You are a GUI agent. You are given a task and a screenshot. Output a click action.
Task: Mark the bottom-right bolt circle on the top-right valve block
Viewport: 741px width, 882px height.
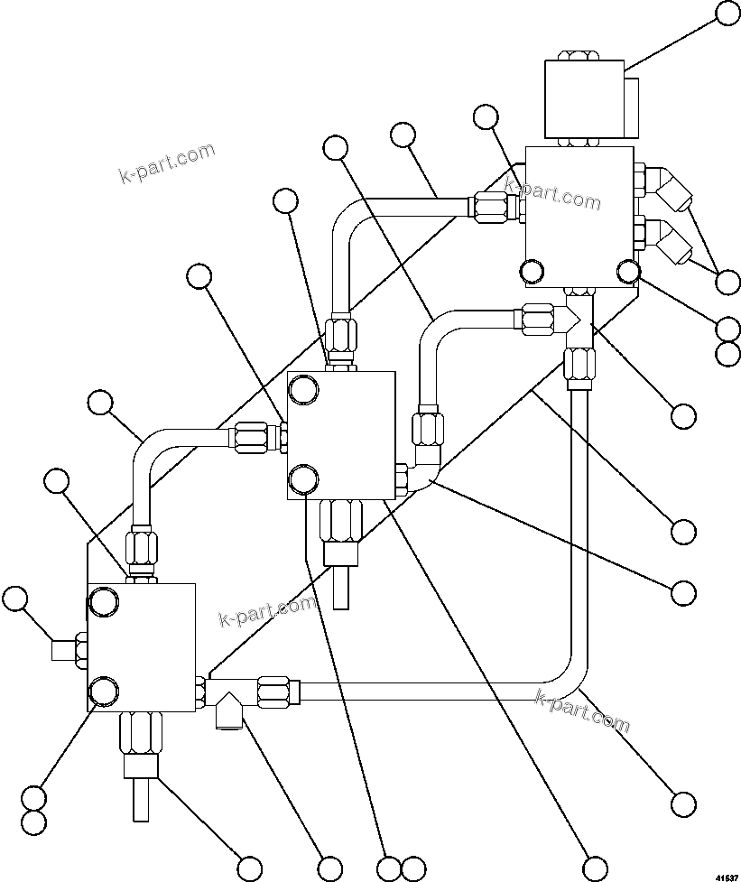(x=628, y=270)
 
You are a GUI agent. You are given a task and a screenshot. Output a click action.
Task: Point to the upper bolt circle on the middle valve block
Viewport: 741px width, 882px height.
(x=302, y=390)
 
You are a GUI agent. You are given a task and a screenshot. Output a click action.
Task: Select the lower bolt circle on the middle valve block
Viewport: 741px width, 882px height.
(x=302, y=478)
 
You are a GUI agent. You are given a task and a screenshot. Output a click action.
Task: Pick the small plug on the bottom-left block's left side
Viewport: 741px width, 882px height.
(x=63, y=649)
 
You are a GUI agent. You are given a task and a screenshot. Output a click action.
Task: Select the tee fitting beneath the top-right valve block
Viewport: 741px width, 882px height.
(x=577, y=320)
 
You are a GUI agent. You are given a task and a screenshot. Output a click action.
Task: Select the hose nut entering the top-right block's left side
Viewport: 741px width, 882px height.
(x=492, y=208)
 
